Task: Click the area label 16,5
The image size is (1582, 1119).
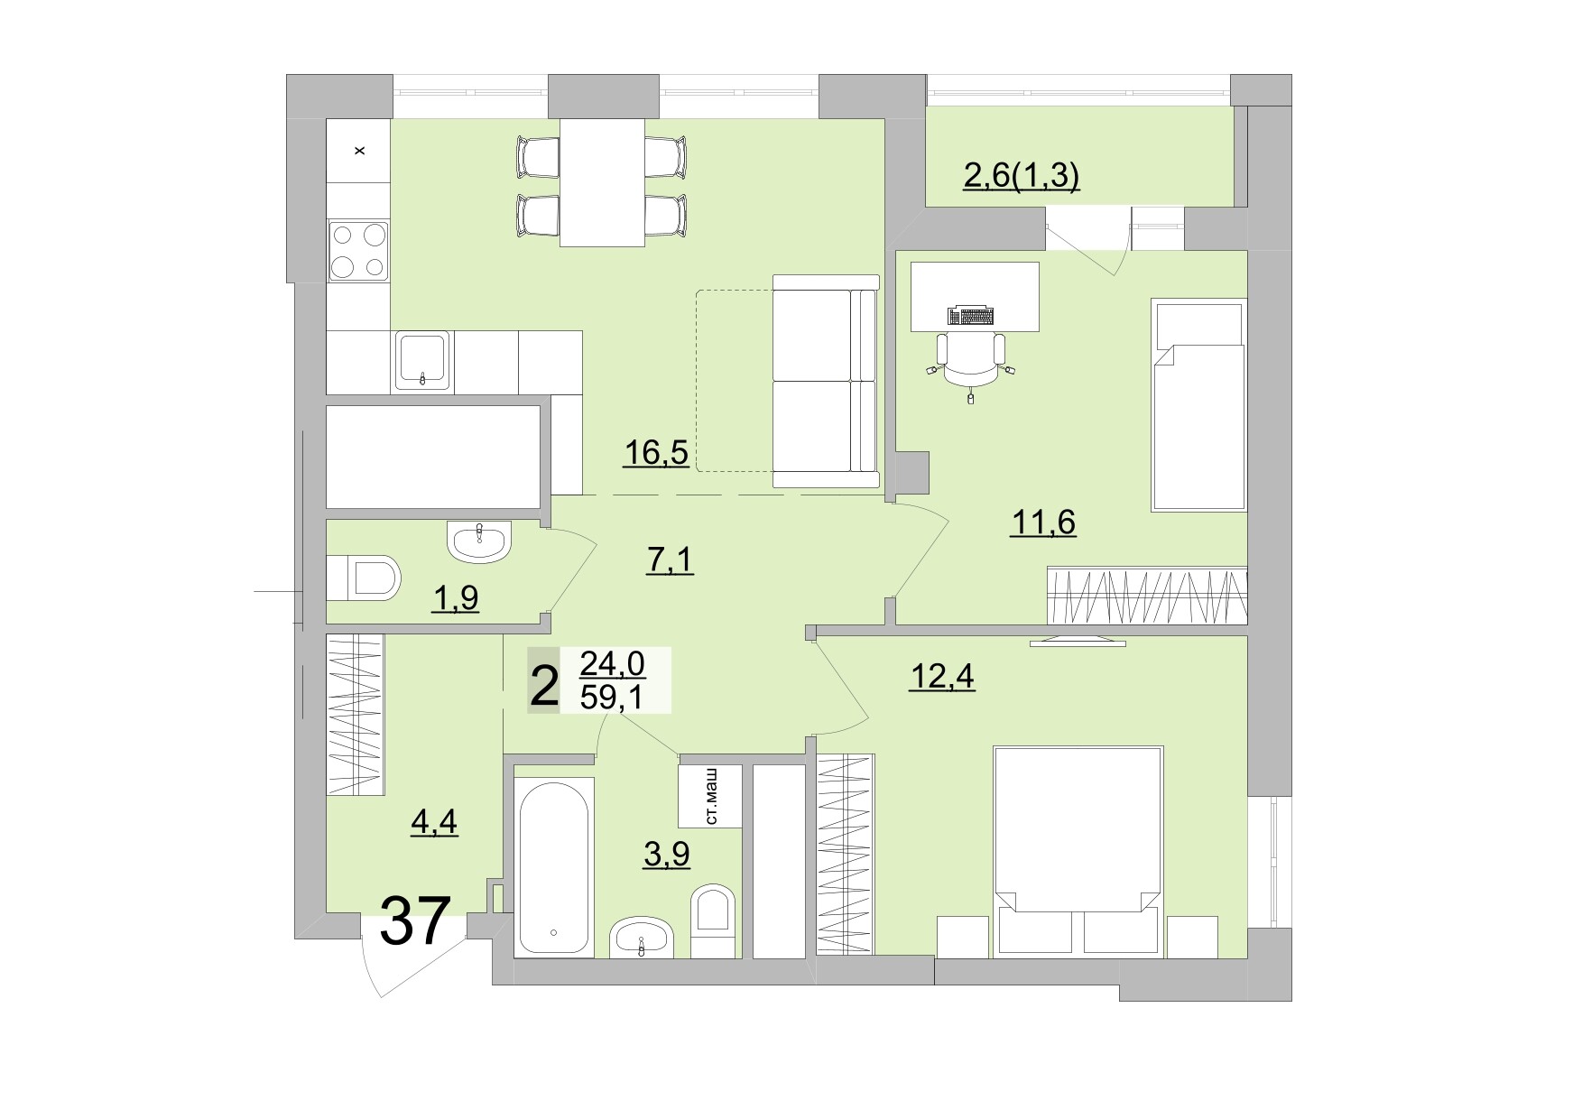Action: (x=656, y=452)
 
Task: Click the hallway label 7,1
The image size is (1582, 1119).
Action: (x=670, y=560)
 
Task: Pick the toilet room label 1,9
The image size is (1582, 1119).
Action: (x=455, y=597)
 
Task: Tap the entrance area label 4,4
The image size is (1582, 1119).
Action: (x=434, y=822)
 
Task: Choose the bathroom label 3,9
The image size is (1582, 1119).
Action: (x=666, y=853)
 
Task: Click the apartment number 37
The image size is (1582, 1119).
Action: (x=414, y=921)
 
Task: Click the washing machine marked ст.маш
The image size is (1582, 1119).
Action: (x=710, y=795)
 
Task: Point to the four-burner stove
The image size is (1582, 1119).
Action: (x=358, y=251)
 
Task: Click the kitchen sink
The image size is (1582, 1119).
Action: (x=422, y=361)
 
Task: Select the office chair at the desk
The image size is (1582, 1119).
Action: (x=970, y=358)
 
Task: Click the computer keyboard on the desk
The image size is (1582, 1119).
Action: (x=970, y=316)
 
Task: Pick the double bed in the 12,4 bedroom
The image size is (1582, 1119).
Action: (x=1077, y=839)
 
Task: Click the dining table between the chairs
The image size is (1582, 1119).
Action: (x=602, y=181)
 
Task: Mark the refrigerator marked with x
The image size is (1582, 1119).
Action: (x=358, y=150)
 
